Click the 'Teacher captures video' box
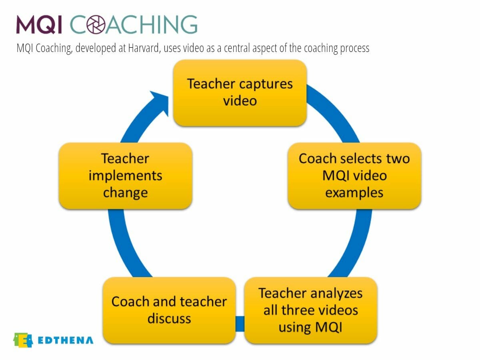tap(240, 93)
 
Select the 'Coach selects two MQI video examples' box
tap(354, 176)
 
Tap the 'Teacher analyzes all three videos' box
tap(310, 310)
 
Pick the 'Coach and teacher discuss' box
tap(169, 310)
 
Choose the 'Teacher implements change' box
tap(125, 176)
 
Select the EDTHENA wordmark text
tap(66, 340)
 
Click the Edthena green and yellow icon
tap(23, 340)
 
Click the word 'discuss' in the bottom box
tap(169, 319)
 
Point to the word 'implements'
tap(125, 176)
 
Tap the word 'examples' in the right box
tap(354, 193)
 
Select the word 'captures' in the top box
tap(266, 84)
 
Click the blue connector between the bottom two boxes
tap(240, 323)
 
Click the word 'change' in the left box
tap(125, 193)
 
